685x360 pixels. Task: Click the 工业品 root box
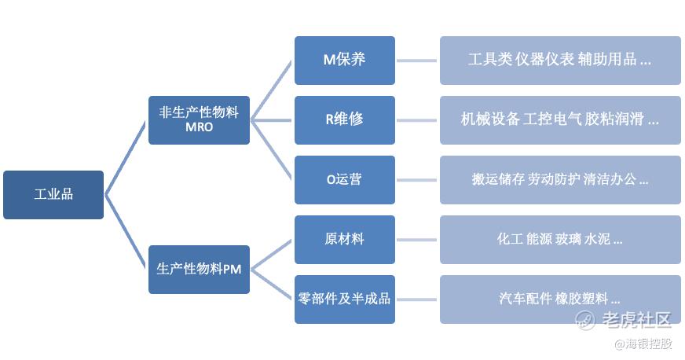[53, 194]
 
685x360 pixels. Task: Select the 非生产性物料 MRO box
[199, 119]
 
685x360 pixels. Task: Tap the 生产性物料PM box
[199, 269]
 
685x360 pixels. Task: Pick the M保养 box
[344, 60]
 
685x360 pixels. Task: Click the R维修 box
[344, 119]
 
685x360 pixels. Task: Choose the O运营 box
[344, 179]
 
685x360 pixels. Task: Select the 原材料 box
[344, 239]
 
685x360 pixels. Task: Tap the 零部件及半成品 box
[344, 299]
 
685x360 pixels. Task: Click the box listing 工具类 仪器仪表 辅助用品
[559, 60]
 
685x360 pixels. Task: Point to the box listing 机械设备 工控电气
[559, 119]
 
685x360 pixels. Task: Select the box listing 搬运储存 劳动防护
[559, 179]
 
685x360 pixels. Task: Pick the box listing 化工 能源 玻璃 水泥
[559, 239]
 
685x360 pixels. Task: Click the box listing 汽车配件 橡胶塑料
[559, 299]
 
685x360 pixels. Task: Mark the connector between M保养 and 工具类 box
[417, 61]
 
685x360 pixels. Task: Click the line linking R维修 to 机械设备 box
[417, 120]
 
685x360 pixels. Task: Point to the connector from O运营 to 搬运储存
[417, 180]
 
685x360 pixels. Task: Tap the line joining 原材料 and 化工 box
[417, 240]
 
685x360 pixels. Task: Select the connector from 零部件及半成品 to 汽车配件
[417, 299]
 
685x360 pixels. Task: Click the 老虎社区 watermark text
[635, 320]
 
